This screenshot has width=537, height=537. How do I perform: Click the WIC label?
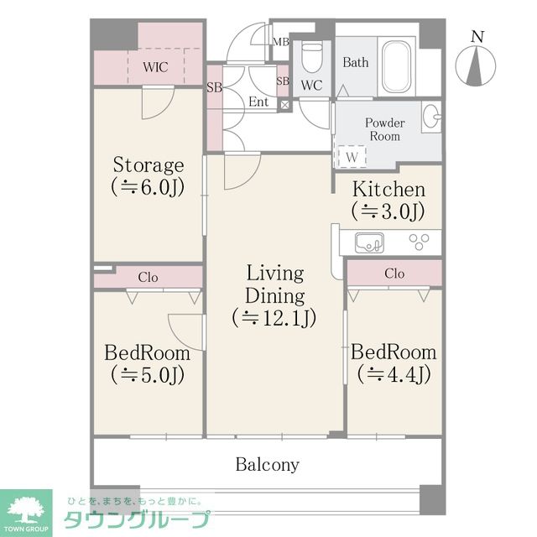155,67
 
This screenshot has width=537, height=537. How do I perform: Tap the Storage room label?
149,165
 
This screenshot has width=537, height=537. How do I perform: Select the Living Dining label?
275,284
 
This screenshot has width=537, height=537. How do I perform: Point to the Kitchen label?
388,190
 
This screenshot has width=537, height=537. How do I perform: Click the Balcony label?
267,465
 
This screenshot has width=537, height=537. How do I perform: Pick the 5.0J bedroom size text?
148,375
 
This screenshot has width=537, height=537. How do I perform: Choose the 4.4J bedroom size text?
394,374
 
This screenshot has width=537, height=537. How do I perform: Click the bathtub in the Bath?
396,66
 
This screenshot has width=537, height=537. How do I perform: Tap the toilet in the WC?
312,57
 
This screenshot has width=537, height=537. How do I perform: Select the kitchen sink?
369,242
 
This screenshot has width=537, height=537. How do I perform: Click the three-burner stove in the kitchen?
419,242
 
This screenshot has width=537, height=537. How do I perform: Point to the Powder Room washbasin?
431,117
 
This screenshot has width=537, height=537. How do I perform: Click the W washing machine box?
352,157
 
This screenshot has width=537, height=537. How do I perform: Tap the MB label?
281,42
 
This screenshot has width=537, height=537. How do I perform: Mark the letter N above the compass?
477,36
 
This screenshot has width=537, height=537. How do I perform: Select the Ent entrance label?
258,102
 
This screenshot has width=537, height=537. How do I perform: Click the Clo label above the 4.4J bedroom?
394,274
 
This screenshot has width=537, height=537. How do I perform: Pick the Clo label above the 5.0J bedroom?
148,277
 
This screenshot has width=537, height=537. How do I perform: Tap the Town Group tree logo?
26,510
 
